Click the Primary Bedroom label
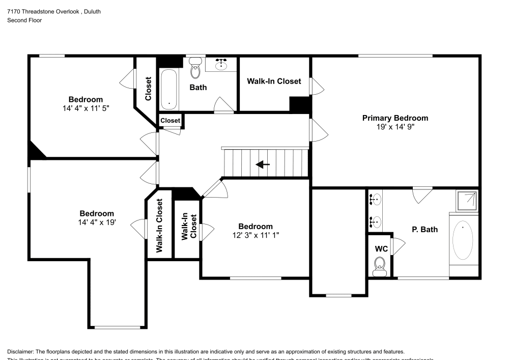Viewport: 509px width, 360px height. point(395,118)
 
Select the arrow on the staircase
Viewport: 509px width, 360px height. point(263,164)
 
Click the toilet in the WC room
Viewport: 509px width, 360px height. point(379,266)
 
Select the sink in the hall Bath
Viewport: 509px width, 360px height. point(221,64)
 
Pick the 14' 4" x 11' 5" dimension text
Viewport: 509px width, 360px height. point(86,108)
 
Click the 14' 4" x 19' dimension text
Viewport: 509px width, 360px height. point(97,223)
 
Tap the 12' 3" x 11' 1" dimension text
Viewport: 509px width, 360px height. point(256,235)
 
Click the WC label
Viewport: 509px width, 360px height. point(381,250)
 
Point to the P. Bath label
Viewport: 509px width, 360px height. point(425,230)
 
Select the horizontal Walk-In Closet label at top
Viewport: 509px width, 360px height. point(274,81)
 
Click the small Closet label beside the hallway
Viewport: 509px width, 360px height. point(170,121)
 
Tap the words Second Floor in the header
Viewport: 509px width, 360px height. point(24,20)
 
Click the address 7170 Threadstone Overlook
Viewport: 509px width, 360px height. point(43,11)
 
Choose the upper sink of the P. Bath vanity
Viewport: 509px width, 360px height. point(376,200)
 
